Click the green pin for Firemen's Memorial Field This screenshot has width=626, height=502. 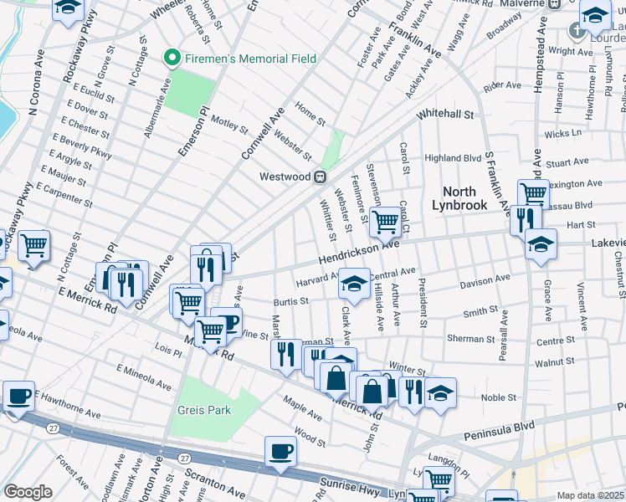point(173,59)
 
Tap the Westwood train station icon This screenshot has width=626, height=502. point(319,177)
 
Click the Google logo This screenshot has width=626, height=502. point(28,492)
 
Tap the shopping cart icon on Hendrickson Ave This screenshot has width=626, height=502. point(384,222)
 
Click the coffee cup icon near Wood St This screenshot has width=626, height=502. point(280,451)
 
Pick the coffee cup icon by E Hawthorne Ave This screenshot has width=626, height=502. point(18,396)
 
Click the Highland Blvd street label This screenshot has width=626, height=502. point(453,157)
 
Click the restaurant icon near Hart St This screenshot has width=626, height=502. point(525,219)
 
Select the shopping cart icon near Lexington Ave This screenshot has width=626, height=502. point(532,194)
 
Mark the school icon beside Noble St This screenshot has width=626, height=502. point(440,392)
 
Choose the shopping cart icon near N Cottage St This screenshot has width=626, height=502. point(33,245)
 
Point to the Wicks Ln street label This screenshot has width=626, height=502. point(562,133)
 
